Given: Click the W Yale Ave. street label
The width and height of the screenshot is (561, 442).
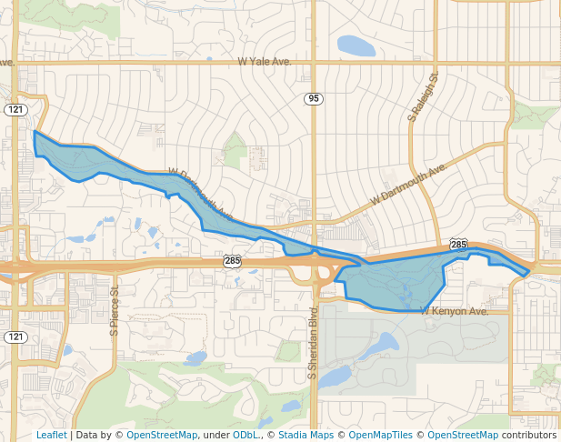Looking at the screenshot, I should [x=264, y=62].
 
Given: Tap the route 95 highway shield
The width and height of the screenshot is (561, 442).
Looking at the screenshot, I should [x=314, y=98].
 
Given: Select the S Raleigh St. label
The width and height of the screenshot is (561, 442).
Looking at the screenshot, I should [x=423, y=97].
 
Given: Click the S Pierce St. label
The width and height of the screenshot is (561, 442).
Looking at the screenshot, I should [x=115, y=311].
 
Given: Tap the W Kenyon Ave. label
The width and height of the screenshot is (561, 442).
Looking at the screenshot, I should [x=455, y=311].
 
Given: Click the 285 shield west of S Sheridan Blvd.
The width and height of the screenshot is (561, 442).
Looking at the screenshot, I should [x=233, y=261].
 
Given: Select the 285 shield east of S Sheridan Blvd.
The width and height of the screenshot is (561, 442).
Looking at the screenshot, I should [x=458, y=245].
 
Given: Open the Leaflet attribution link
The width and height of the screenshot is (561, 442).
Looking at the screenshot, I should [x=51, y=435].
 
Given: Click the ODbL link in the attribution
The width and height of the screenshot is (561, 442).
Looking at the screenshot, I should [x=245, y=435].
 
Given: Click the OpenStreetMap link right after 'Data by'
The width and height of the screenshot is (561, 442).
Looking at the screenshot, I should [x=162, y=435].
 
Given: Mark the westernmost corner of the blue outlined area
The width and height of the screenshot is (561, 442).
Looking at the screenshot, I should [x=35, y=132].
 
